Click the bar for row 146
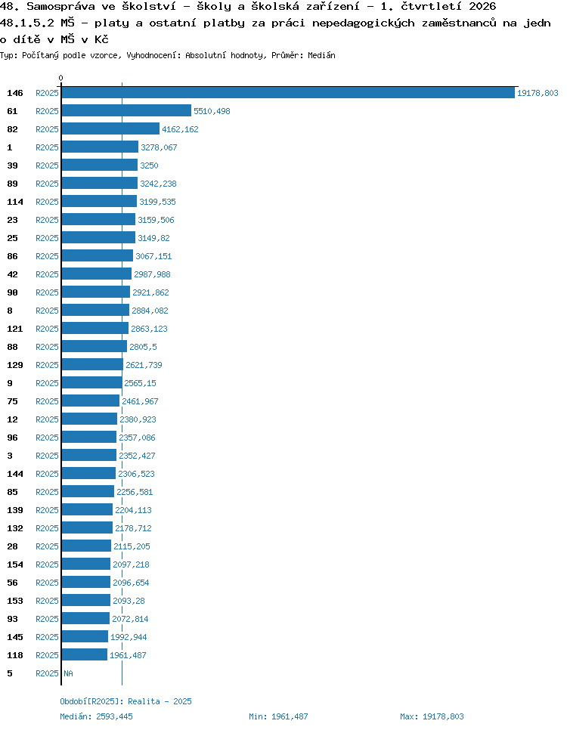288,93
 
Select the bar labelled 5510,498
126,111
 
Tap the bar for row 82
110,129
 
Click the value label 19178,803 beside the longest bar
538,93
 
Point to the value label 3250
149,165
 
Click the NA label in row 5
68,673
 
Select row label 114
15,202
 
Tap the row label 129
15,365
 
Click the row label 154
15,565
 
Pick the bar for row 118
85,654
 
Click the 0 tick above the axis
60,78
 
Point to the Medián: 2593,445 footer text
96,716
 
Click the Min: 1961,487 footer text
278,716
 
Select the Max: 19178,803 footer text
432,716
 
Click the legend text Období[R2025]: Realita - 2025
125,701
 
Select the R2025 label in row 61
47,111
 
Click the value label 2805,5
143,347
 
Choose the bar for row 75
91,401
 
